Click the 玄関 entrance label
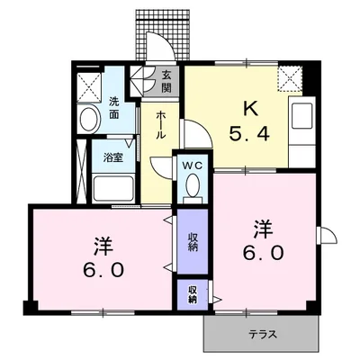pyautogui.click(x=167, y=82)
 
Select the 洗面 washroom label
pyautogui.click(x=114, y=108)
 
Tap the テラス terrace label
pyautogui.click(x=263, y=336)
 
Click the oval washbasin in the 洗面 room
pyautogui.click(x=89, y=120)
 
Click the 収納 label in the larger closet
pyautogui.click(x=193, y=240)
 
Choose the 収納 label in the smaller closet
pyautogui.click(x=193, y=294)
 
